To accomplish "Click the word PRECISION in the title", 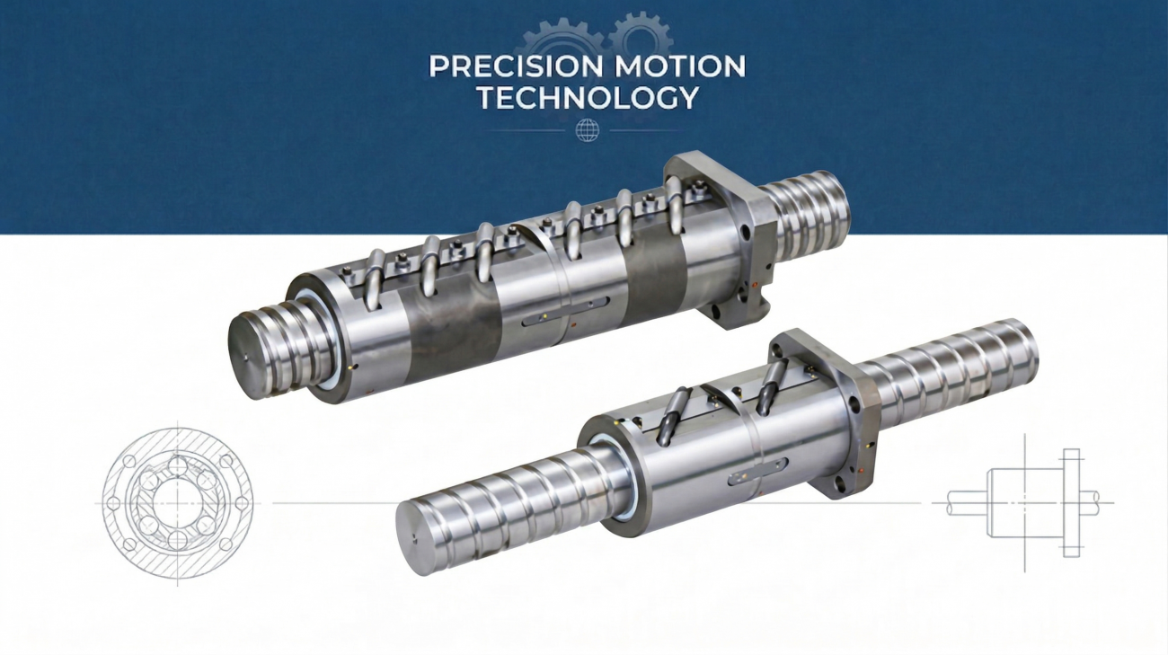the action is pos(515,66).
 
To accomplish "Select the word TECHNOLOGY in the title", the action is pos(588,98).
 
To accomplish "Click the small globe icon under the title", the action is pos(587,130).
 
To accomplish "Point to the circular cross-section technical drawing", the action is pos(178,504).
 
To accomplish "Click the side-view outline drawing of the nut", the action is pos(1024,503).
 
